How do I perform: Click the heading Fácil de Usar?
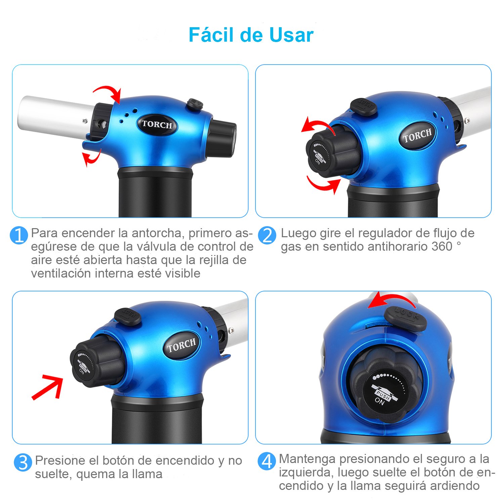point(251,35)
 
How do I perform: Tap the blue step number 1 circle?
point(19,235)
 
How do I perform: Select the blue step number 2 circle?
point(267,236)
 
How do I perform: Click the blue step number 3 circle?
point(23,463)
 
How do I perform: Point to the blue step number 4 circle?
point(267,461)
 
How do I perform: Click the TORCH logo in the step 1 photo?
point(157,125)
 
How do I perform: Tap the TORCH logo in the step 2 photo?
point(417,135)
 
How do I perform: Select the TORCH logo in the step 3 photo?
point(182,345)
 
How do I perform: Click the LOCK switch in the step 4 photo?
point(406,318)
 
